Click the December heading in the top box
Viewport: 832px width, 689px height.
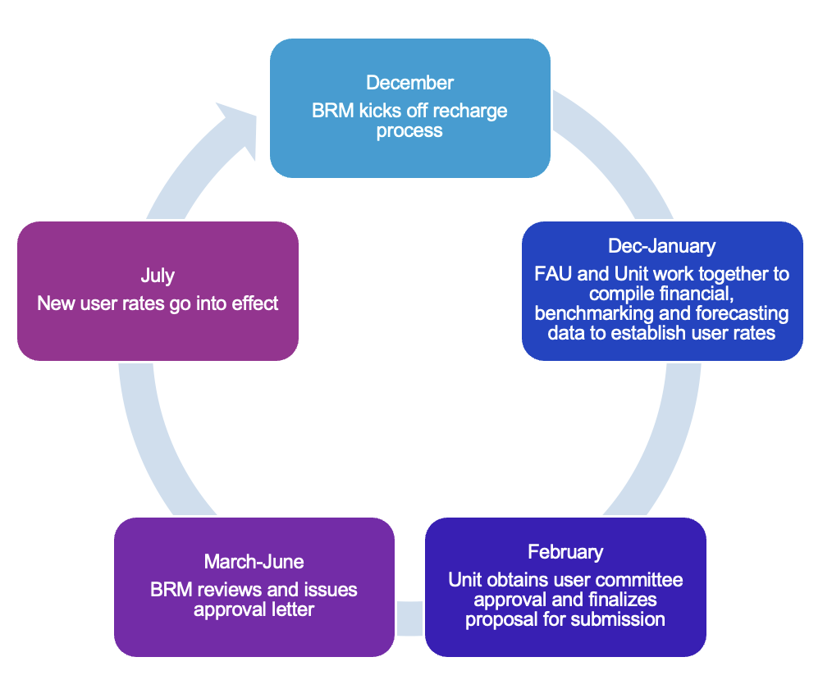[x=409, y=83]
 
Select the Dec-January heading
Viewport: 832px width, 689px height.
[x=661, y=246]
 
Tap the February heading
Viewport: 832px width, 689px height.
[x=565, y=552]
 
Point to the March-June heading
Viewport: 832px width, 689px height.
[x=254, y=562]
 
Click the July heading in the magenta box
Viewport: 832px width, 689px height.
[x=157, y=276]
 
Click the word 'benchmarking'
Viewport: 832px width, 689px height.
[x=587, y=313]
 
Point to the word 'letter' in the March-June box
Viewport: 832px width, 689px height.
[x=289, y=609]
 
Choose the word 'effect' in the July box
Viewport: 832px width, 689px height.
[x=254, y=303]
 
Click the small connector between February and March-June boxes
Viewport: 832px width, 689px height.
[x=409, y=618]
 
